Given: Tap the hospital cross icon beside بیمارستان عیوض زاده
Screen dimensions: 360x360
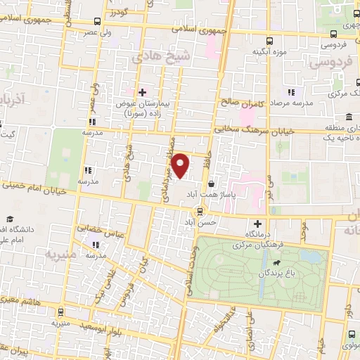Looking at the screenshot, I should (142, 92).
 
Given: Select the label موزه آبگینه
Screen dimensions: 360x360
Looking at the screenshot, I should (271, 52).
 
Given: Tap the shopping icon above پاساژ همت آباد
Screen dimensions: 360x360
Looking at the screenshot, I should (212, 184).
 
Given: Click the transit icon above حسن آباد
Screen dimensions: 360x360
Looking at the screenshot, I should (200, 210).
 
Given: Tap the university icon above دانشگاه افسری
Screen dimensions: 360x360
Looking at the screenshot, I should (11, 219).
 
